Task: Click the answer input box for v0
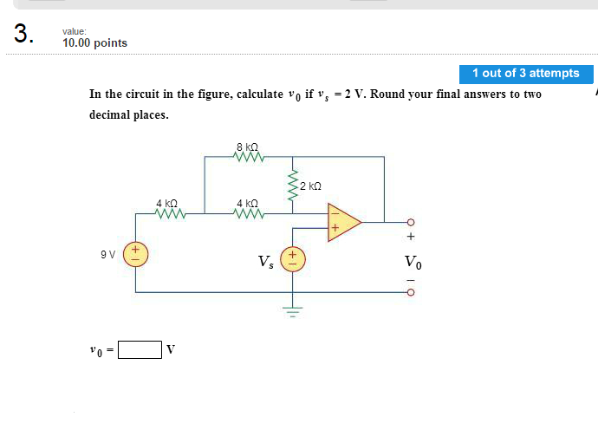tap(140, 349)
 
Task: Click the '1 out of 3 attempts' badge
tap(526, 74)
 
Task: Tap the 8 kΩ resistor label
tap(247, 147)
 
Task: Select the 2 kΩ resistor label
tap(309, 186)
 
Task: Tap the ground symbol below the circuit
tap(292, 309)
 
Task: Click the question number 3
tap(23, 35)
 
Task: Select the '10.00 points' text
tap(94, 43)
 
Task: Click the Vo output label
tap(413, 262)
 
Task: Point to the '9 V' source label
tap(107, 255)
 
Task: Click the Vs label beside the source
tap(265, 261)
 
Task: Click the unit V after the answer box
tap(171, 349)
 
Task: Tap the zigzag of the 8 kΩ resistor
tap(248, 157)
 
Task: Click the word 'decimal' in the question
tap(112, 114)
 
